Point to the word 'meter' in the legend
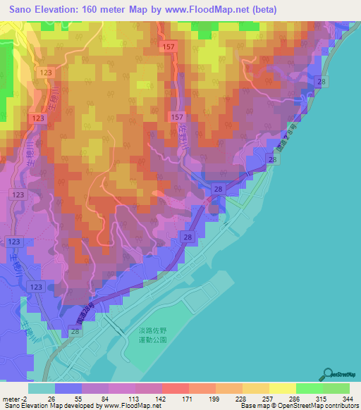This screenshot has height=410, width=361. click(x=13, y=398)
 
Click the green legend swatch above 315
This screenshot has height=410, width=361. click(x=310, y=388)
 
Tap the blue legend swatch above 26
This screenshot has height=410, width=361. click(x=68, y=388)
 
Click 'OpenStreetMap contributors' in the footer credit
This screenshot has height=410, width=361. click(x=318, y=406)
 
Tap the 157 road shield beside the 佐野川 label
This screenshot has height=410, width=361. click(x=177, y=116)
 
